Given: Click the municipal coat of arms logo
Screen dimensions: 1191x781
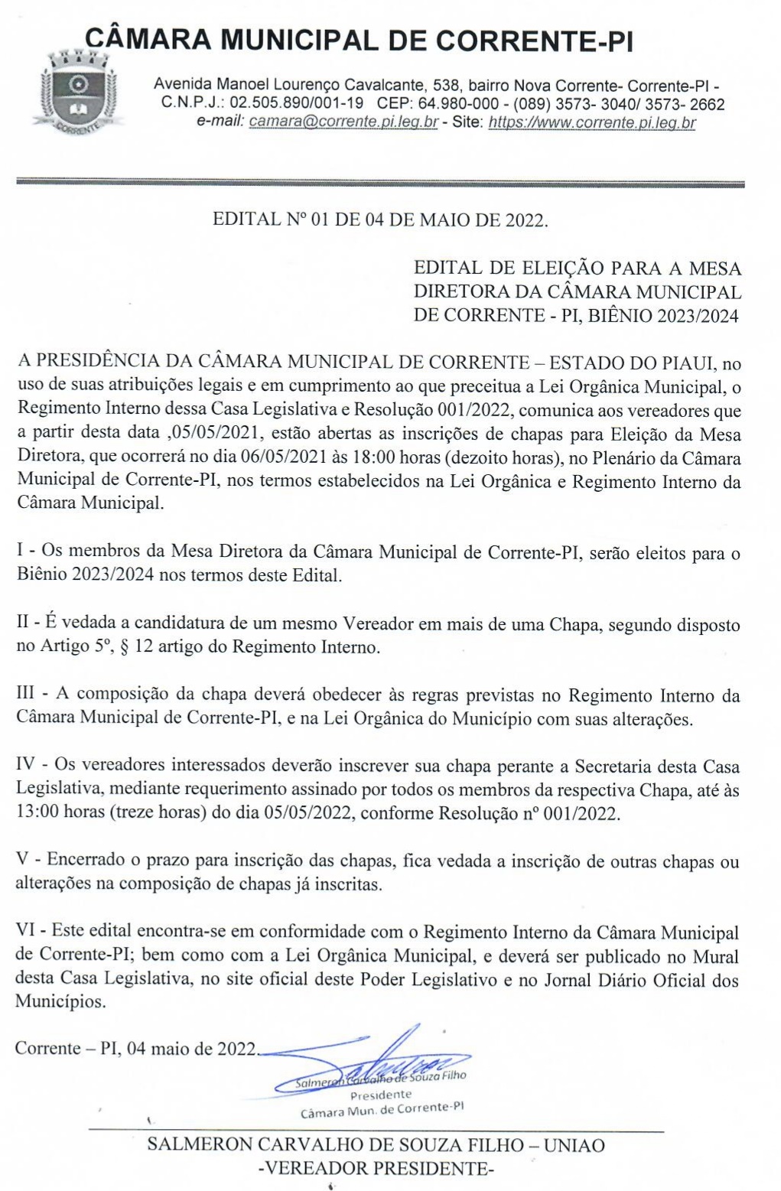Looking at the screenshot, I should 74,90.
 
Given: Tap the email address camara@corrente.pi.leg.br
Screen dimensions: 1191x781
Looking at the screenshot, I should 343,122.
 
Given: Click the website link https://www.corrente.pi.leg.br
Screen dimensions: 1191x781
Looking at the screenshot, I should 592,122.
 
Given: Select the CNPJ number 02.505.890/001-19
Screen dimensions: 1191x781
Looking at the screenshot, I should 296,104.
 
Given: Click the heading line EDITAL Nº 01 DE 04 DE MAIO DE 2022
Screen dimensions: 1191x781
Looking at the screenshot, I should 380,220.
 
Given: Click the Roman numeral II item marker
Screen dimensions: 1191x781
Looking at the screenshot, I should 23,623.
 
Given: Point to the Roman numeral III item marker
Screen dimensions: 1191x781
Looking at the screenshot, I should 25,694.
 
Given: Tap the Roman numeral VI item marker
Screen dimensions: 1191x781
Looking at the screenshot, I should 26,932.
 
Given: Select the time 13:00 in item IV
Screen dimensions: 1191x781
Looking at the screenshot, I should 37,812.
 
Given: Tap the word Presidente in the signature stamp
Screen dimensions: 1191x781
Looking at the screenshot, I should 380,1095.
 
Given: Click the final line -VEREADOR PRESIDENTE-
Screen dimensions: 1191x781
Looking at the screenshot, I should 376,1168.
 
